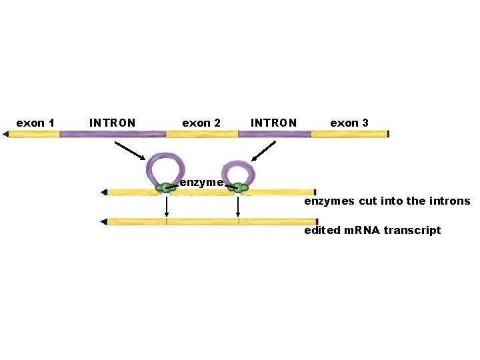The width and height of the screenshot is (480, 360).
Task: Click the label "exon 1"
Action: click(35, 123)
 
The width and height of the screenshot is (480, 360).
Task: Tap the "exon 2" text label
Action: click(201, 123)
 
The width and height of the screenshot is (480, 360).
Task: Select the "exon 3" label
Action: click(349, 123)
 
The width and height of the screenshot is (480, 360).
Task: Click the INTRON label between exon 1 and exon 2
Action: click(112, 123)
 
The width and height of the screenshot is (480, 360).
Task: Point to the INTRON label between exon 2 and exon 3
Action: click(273, 123)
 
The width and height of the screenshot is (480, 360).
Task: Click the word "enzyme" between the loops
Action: click(201, 182)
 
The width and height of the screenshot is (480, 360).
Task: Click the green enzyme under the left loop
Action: click(165, 189)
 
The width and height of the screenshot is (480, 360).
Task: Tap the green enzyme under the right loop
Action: click(238, 189)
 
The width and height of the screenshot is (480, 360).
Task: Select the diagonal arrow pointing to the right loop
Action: click(264, 150)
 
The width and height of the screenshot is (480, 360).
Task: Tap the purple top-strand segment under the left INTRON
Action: click(112, 134)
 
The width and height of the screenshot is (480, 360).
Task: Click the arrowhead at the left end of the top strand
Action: click(5, 134)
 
